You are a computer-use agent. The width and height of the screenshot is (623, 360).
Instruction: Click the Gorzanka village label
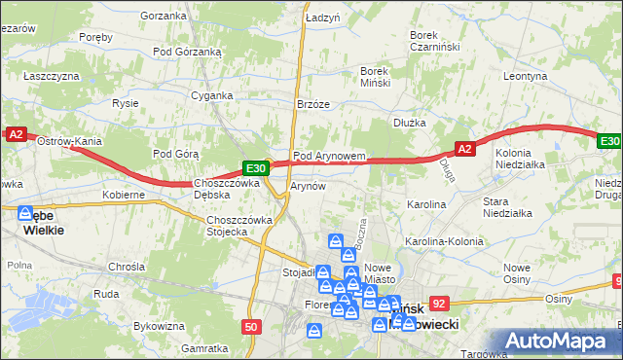[x=163, y=16]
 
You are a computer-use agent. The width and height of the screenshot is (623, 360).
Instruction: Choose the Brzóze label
[x=313, y=105]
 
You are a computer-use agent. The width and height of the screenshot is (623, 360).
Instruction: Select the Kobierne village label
[x=124, y=195]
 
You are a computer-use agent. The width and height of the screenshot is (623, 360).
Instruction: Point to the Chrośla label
[x=128, y=266]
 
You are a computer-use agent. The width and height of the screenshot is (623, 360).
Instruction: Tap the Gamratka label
[x=204, y=347]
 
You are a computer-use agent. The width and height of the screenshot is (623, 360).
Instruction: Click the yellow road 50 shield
[x=252, y=327]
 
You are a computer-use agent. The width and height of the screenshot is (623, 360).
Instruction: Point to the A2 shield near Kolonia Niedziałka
[x=464, y=148]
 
